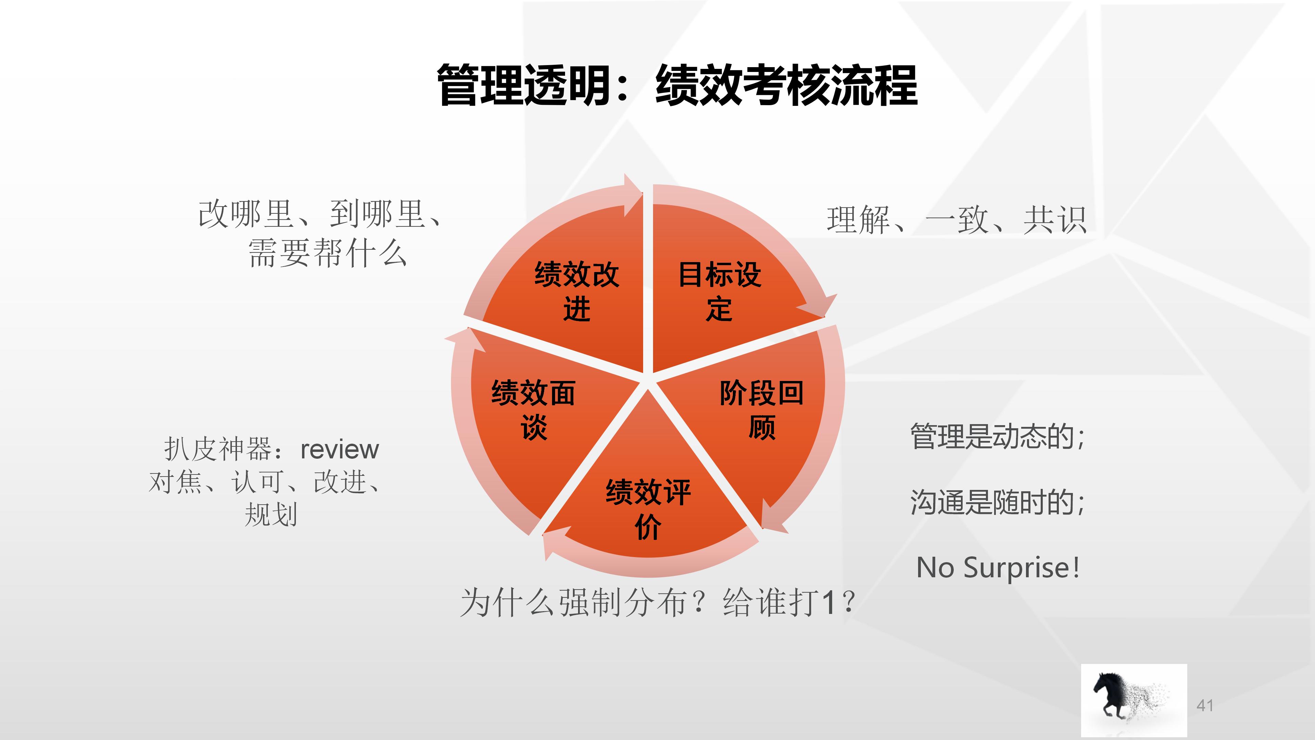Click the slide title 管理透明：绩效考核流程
[x=677, y=86]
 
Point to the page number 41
[x=1205, y=705]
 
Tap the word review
[x=339, y=450]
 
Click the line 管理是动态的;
[x=998, y=437]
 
